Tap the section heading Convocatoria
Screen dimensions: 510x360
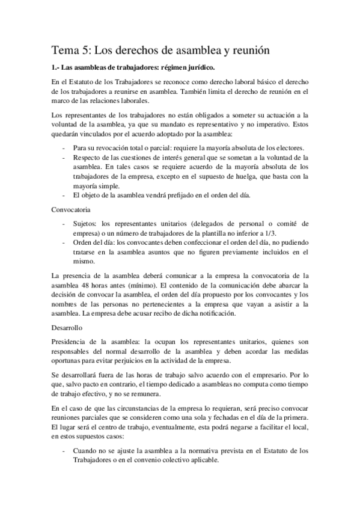[70, 210]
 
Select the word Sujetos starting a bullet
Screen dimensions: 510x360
[85, 223]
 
